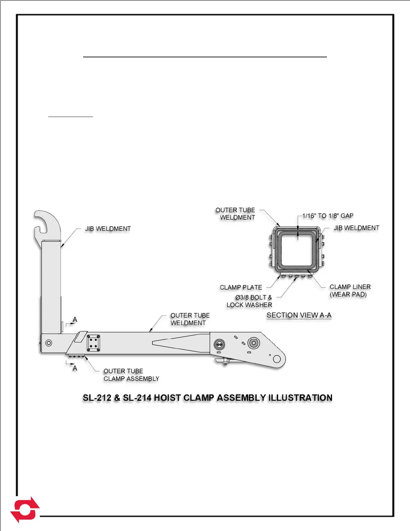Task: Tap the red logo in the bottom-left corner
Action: (25, 510)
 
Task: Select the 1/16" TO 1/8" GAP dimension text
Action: (328, 216)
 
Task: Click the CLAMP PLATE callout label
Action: (241, 288)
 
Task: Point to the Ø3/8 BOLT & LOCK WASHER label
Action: (250, 301)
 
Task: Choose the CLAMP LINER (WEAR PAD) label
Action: (350, 291)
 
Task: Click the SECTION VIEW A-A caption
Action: (299, 315)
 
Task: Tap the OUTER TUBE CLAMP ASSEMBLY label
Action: (131, 375)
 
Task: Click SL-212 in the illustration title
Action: (97, 398)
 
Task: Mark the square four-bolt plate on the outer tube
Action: (93, 343)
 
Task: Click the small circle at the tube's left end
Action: (49, 343)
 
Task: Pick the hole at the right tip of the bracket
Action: (277, 359)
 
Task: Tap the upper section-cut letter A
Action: (75, 319)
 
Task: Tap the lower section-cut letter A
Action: (75, 368)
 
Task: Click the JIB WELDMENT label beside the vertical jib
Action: (108, 229)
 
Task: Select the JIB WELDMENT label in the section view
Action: (356, 228)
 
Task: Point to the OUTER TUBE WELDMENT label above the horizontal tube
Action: (190, 319)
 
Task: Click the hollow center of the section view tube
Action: (297, 250)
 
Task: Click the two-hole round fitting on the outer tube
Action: (219, 344)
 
